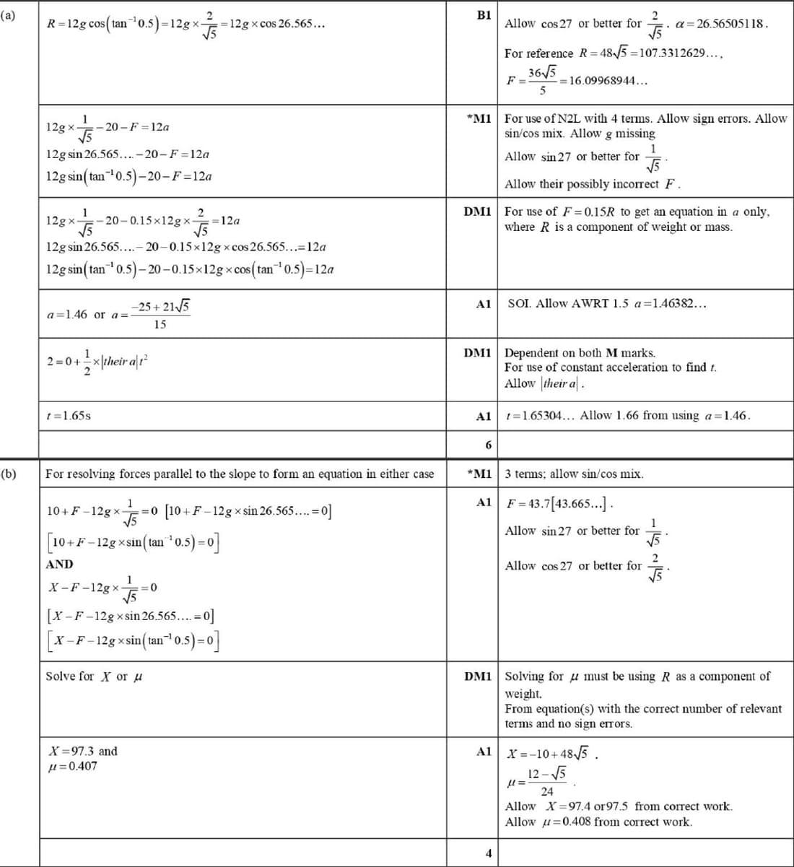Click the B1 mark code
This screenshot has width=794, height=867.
484,15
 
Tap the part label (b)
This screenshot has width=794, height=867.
9,474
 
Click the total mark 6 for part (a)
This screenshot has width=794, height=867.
488,445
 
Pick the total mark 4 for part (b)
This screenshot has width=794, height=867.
488,853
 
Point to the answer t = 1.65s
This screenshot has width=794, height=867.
68,416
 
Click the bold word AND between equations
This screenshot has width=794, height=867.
59,564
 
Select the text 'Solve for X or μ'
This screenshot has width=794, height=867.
93,676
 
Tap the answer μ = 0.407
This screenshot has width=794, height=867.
71,766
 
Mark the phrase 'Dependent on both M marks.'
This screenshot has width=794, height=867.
580,353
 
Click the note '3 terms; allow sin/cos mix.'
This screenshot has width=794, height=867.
574,474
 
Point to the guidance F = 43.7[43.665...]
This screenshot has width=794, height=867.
559,503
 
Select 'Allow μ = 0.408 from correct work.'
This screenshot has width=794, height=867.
598,822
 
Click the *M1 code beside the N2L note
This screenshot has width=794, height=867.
479,118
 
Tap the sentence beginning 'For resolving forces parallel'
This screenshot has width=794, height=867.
240,474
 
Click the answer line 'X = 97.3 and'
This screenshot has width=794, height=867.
82,751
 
